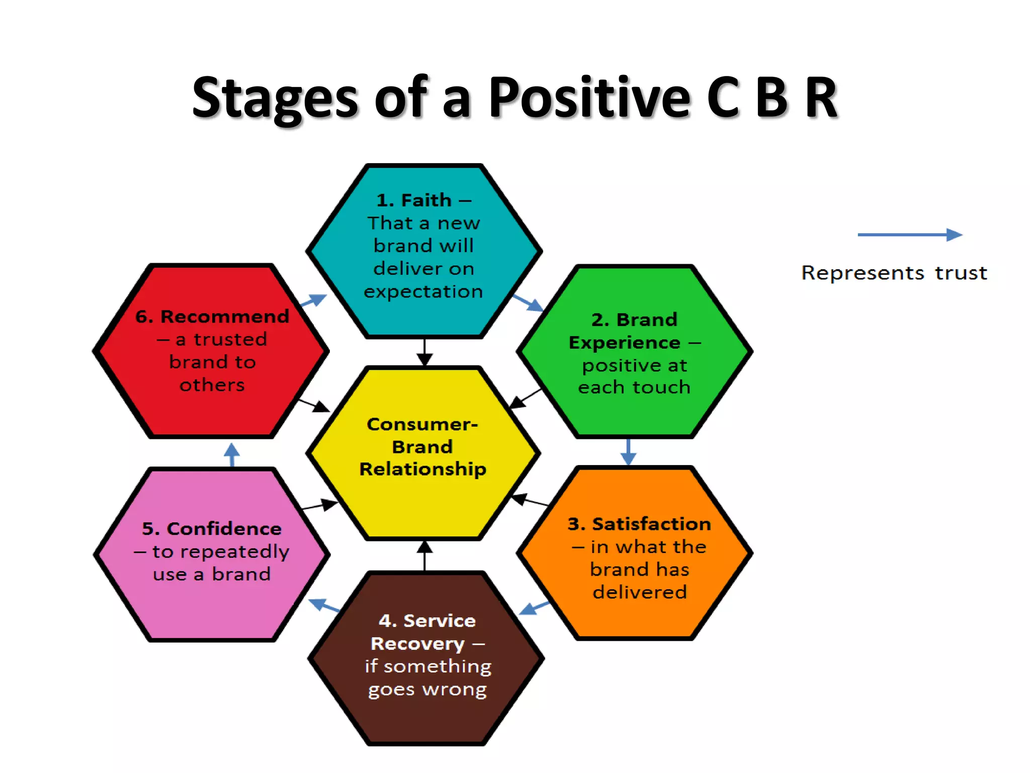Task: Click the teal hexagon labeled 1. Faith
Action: (x=424, y=251)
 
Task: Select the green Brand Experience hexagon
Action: (x=635, y=352)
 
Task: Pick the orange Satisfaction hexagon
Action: (x=635, y=554)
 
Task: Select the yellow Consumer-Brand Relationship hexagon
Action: (x=423, y=453)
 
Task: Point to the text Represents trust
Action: (x=894, y=273)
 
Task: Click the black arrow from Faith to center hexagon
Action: (x=424, y=352)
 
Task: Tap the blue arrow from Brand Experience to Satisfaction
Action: (x=628, y=451)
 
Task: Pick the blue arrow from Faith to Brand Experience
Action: (x=528, y=302)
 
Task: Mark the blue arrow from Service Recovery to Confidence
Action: (x=324, y=605)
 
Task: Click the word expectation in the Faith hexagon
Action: (x=423, y=291)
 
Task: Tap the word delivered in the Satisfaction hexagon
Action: (x=639, y=592)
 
